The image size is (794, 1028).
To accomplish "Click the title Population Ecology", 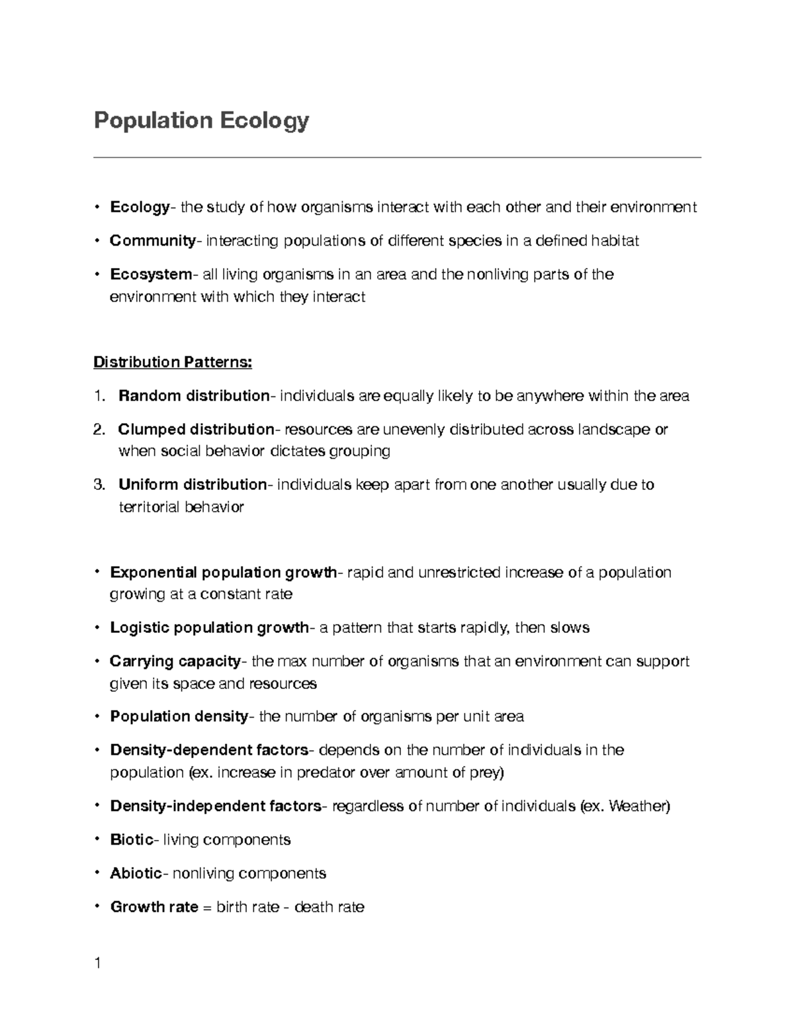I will [x=201, y=121].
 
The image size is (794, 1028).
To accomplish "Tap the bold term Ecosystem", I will [x=150, y=275].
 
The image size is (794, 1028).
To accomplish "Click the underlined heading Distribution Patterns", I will [x=173, y=363].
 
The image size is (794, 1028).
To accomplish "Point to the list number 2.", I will [x=99, y=430].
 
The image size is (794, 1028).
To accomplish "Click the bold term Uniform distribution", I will [x=192, y=485].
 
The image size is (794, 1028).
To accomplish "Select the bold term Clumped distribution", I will [x=196, y=430].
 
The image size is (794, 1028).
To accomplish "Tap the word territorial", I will [x=148, y=508].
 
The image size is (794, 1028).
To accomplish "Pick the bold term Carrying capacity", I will [x=175, y=661].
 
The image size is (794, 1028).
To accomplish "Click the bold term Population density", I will [x=179, y=717].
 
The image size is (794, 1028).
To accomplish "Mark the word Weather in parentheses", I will [x=637, y=806].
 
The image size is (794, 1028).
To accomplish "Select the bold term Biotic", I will [x=132, y=840].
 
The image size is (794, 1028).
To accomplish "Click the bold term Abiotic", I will [x=136, y=874].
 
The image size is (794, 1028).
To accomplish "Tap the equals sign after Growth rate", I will [x=207, y=908].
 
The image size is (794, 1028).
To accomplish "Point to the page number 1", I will [x=97, y=963].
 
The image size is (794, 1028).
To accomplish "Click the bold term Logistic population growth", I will [x=209, y=628].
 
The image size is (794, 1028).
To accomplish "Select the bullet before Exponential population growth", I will [x=97, y=572].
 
